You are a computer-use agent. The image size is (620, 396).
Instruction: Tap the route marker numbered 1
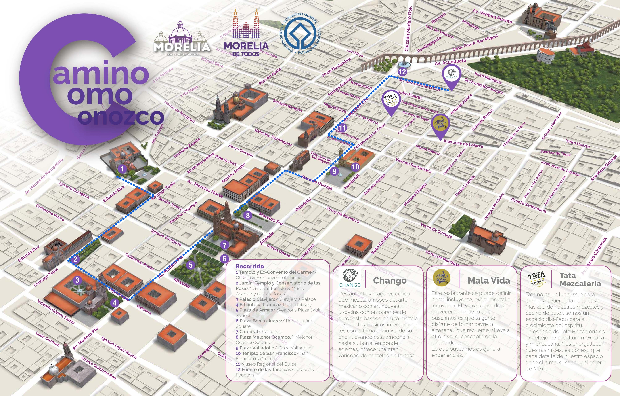[122, 169]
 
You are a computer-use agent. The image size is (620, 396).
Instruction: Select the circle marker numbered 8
[248, 215]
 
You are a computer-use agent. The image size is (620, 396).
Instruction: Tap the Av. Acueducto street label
[451, 62]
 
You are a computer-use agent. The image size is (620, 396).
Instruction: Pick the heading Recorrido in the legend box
[250, 266]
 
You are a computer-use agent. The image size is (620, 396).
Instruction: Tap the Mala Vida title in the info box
[489, 281]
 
